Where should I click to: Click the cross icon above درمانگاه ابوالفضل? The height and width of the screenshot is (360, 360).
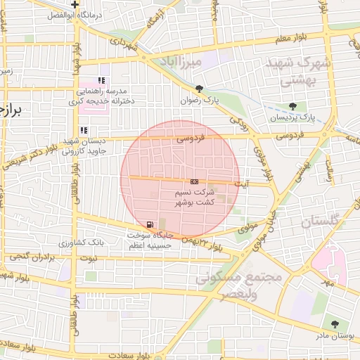(75, 4)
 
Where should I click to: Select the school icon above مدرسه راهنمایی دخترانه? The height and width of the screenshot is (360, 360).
(102, 81)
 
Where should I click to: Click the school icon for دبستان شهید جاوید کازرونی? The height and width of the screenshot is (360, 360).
(84, 130)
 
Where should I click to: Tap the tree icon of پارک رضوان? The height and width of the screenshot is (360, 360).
(200, 89)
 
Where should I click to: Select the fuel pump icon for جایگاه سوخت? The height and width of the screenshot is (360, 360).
(150, 225)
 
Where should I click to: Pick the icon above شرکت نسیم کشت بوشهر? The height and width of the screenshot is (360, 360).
(195, 181)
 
